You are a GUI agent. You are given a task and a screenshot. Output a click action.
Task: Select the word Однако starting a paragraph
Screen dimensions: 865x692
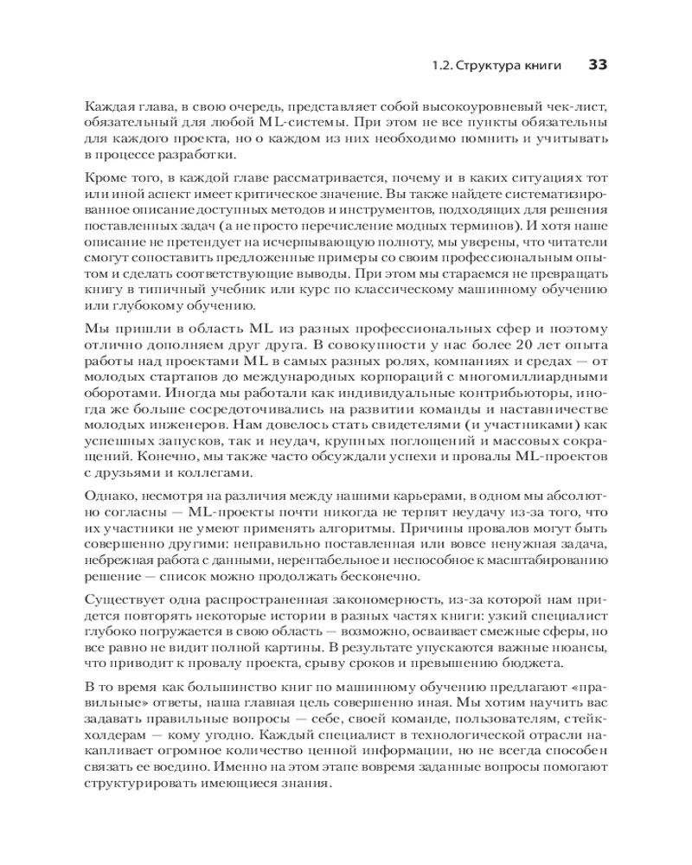click(108, 497)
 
